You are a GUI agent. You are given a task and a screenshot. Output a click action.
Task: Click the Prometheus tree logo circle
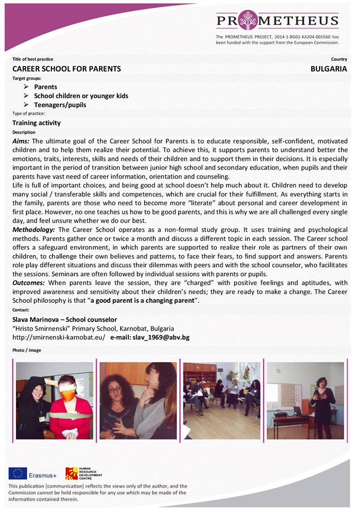(248, 20)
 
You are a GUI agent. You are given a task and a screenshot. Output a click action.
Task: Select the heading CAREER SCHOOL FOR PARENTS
(67, 69)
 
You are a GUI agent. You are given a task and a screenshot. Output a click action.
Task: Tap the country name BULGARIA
(329, 69)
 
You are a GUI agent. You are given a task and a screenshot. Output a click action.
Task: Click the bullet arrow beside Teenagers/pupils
(26, 104)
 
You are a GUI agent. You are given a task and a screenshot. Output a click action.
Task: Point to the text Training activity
(37, 123)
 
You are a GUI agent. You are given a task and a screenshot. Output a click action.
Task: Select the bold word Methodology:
(34, 230)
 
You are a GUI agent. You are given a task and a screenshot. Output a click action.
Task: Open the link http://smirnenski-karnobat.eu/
(58, 337)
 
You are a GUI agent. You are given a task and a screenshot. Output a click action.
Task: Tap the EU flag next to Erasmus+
(18, 473)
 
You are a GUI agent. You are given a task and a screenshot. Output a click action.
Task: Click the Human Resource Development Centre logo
(72, 473)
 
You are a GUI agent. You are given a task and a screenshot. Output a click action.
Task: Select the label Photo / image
(27, 350)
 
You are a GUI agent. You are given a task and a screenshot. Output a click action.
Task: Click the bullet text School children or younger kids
(81, 96)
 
